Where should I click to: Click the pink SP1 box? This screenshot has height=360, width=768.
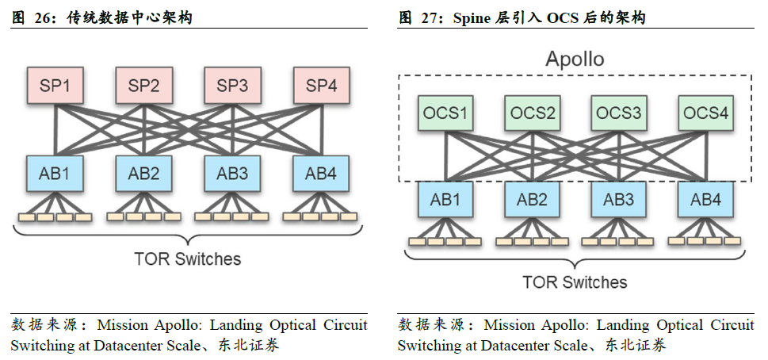coord(55,86)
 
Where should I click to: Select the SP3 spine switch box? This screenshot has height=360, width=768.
coord(233,86)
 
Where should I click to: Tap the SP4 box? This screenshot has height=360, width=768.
coord(322,86)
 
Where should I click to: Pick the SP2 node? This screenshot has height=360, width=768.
coord(144,86)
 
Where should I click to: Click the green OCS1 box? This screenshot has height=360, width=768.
coord(445,113)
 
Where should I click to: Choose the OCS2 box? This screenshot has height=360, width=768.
coord(532,113)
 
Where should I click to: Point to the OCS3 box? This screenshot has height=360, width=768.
coord(618,113)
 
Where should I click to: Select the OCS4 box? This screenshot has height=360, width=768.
coord(705,113)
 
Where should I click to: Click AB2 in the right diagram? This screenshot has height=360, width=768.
coord(532,200)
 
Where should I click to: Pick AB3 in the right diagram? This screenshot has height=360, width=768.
coord(618,200)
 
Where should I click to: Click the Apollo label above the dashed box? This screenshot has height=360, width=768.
coord(575,59)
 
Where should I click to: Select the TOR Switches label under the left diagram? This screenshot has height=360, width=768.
coord(187,259)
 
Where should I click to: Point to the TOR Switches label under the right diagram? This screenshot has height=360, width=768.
coord(575,282)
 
